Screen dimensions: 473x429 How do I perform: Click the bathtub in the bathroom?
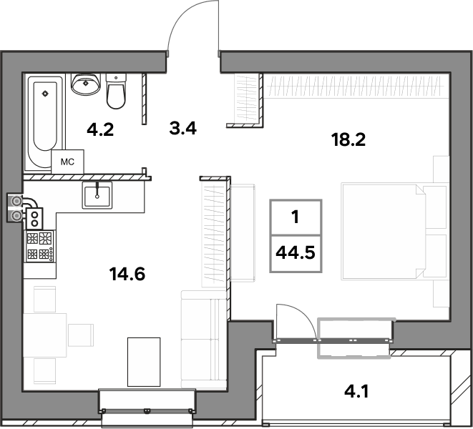[45, 121]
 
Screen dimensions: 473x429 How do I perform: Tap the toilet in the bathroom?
[116, 91]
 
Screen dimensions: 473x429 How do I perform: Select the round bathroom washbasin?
[86, 84]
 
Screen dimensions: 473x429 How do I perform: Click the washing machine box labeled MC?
[67, 162]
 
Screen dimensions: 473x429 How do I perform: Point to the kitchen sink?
[97, 195]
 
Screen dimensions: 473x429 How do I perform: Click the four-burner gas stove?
[40, 246]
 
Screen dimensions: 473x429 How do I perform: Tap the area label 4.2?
[100, 130]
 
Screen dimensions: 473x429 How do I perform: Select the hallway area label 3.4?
[182, 128]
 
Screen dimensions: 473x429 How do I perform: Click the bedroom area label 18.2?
[348, 140]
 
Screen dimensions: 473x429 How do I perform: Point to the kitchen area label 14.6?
[127, 275]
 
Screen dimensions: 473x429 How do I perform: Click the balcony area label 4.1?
[356, 393]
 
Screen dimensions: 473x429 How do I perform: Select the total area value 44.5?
[296, 252]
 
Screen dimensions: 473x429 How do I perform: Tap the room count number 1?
[296, 217]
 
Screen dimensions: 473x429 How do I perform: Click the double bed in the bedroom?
[394, 231]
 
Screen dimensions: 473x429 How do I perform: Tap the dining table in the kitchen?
[45, 335]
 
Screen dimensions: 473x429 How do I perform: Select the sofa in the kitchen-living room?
[204, 339]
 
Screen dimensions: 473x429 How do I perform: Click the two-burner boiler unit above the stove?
[34, 219]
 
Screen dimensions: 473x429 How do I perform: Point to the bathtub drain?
[45, 94]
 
